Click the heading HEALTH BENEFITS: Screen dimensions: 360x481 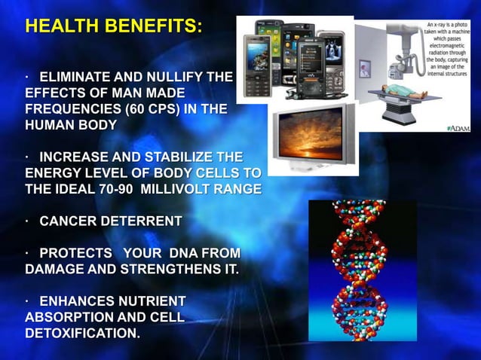pyautogui.click(x=114, y=26)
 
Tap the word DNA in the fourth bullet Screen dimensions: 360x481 pyautogui.click(x=178, y=253)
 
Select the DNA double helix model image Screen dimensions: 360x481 pyautogui.click(x=362, y=270)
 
